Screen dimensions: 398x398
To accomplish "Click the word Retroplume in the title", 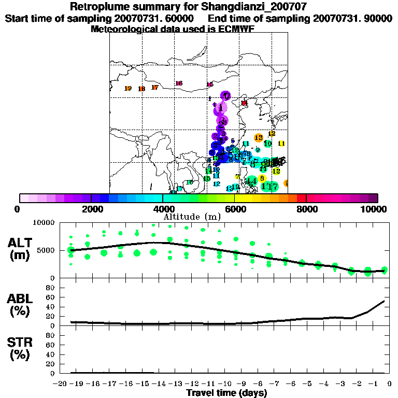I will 99,7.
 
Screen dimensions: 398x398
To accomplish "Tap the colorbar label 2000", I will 91,209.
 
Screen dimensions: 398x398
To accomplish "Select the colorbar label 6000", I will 235,209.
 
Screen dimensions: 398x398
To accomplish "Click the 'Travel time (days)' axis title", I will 226,393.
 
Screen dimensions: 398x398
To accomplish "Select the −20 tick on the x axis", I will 61,384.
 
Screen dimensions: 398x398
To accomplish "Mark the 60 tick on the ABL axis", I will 51,297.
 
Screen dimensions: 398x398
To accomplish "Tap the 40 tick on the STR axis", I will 51,354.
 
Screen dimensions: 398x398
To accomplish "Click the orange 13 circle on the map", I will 259,137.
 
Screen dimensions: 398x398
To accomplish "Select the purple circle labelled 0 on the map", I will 225,95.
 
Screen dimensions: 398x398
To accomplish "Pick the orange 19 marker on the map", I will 128,89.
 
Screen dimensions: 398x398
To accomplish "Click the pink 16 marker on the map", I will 179,83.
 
